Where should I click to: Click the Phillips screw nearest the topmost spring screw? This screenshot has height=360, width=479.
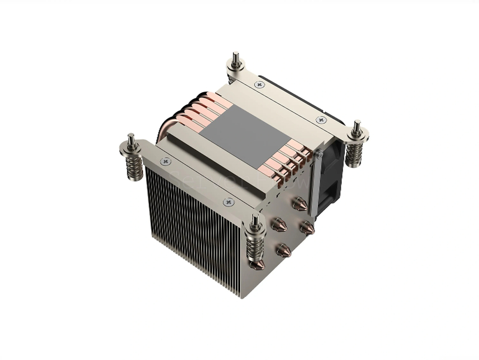(259, 85)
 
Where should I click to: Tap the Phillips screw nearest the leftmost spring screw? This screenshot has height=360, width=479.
(166, 161)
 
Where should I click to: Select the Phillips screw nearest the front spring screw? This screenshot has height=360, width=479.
(228, 202)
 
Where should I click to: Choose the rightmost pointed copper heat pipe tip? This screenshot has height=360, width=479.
(307, 228)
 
